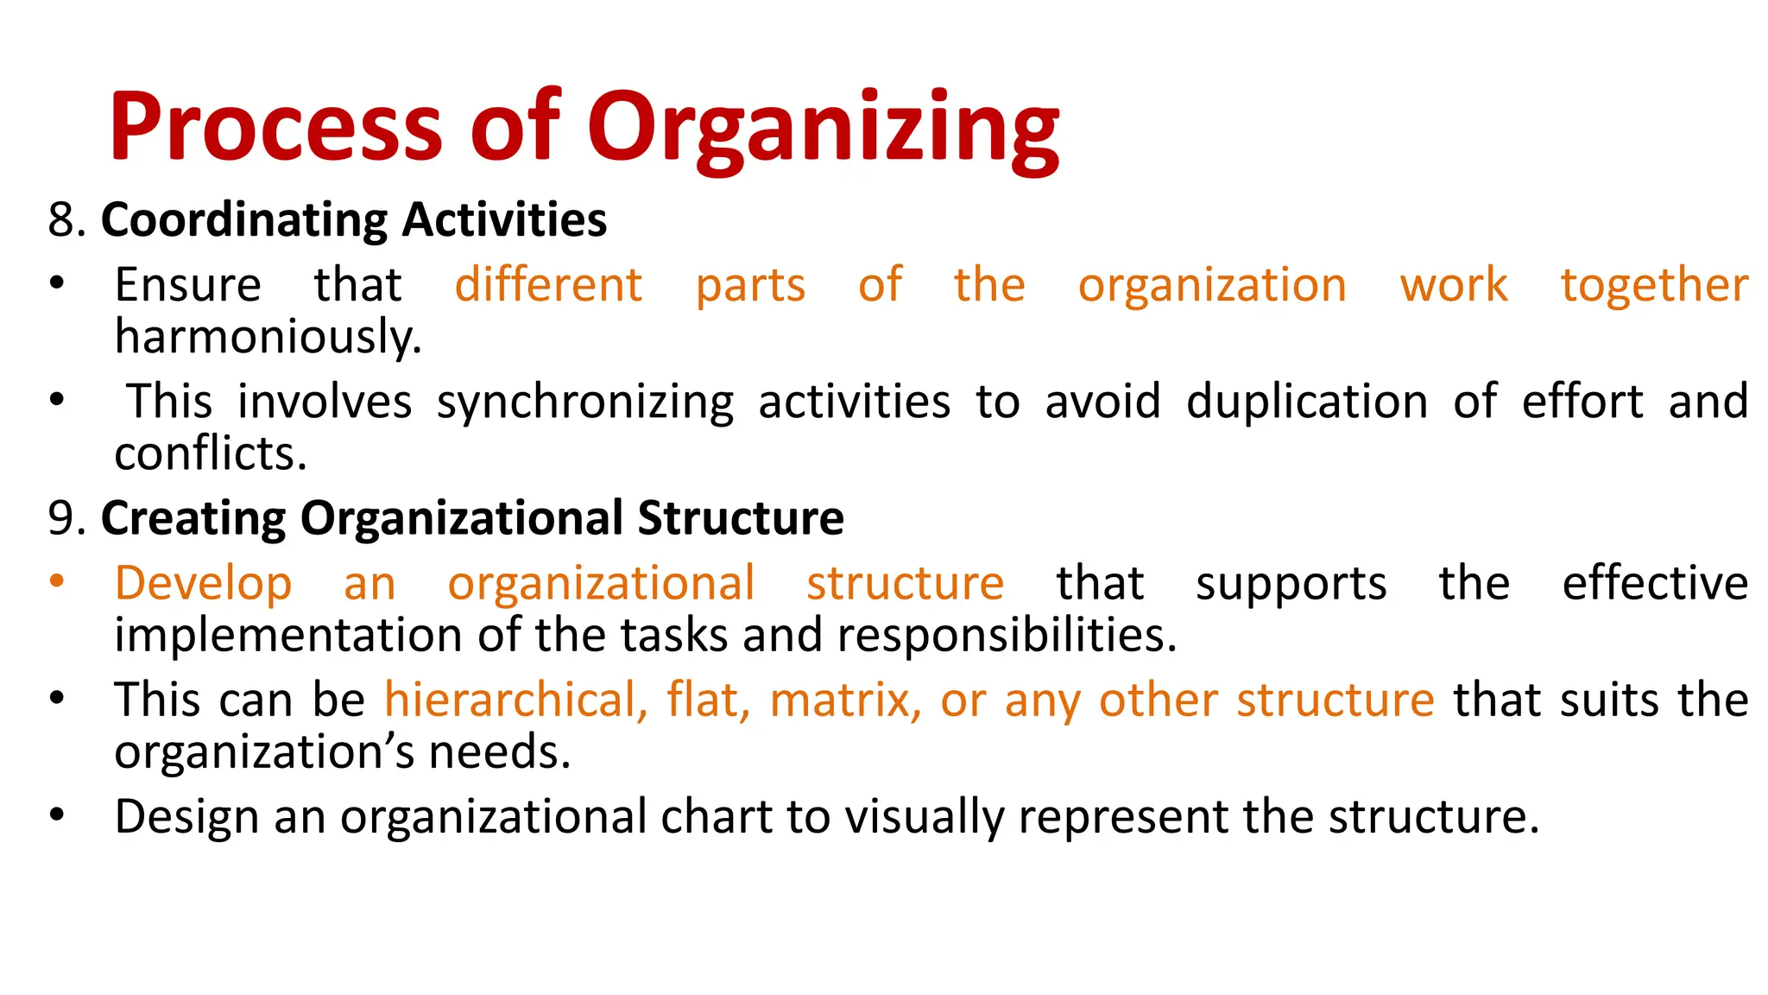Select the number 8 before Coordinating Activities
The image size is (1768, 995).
[x=61, y=219]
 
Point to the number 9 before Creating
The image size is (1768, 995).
[x=61, y=518]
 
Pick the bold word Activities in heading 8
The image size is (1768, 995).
[x=504, y=219]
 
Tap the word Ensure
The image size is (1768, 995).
[x=187, y=285]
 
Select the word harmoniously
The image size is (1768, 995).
[x=268, y=337]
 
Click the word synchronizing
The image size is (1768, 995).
[x=584, y=403]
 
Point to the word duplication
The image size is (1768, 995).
[x=1306, y=402]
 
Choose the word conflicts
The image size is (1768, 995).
[x=210, y=453]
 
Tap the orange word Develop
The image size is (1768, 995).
[x=203, y=584]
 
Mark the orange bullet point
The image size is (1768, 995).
[x=57, y=581]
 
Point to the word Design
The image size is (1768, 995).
[x=186, y=817]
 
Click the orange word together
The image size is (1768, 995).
[x=1654, y=285]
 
